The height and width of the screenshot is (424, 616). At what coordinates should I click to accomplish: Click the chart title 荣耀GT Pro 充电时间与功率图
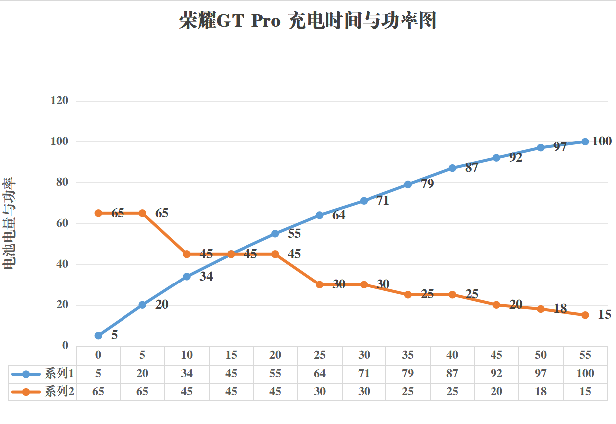307,22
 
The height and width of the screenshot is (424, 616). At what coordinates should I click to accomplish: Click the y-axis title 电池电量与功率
9,224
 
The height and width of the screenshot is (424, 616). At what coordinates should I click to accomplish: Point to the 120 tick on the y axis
59,101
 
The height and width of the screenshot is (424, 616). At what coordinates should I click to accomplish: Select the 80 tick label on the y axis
61,182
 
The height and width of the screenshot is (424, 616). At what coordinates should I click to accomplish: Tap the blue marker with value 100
585,141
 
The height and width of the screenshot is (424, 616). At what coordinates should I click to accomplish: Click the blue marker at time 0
98,336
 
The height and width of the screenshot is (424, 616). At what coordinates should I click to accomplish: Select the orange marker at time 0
98,213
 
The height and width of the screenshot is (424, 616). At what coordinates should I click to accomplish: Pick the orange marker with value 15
585,315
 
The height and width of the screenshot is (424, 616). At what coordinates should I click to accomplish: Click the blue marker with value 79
408,184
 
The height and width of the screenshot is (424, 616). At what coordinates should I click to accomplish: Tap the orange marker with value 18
541,309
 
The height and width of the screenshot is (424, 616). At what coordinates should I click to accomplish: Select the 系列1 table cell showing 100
585,373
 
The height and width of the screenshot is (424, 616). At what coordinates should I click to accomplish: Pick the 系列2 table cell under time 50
541,392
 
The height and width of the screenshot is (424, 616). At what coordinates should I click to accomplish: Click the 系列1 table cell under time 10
187,373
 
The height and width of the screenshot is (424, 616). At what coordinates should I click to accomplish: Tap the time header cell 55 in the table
585,355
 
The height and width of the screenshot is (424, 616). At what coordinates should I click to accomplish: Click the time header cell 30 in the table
364,355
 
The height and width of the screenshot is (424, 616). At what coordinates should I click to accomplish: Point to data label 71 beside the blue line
382,201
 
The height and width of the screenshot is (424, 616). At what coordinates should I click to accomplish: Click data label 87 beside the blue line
471,168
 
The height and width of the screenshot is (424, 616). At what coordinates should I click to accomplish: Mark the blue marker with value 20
142,305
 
